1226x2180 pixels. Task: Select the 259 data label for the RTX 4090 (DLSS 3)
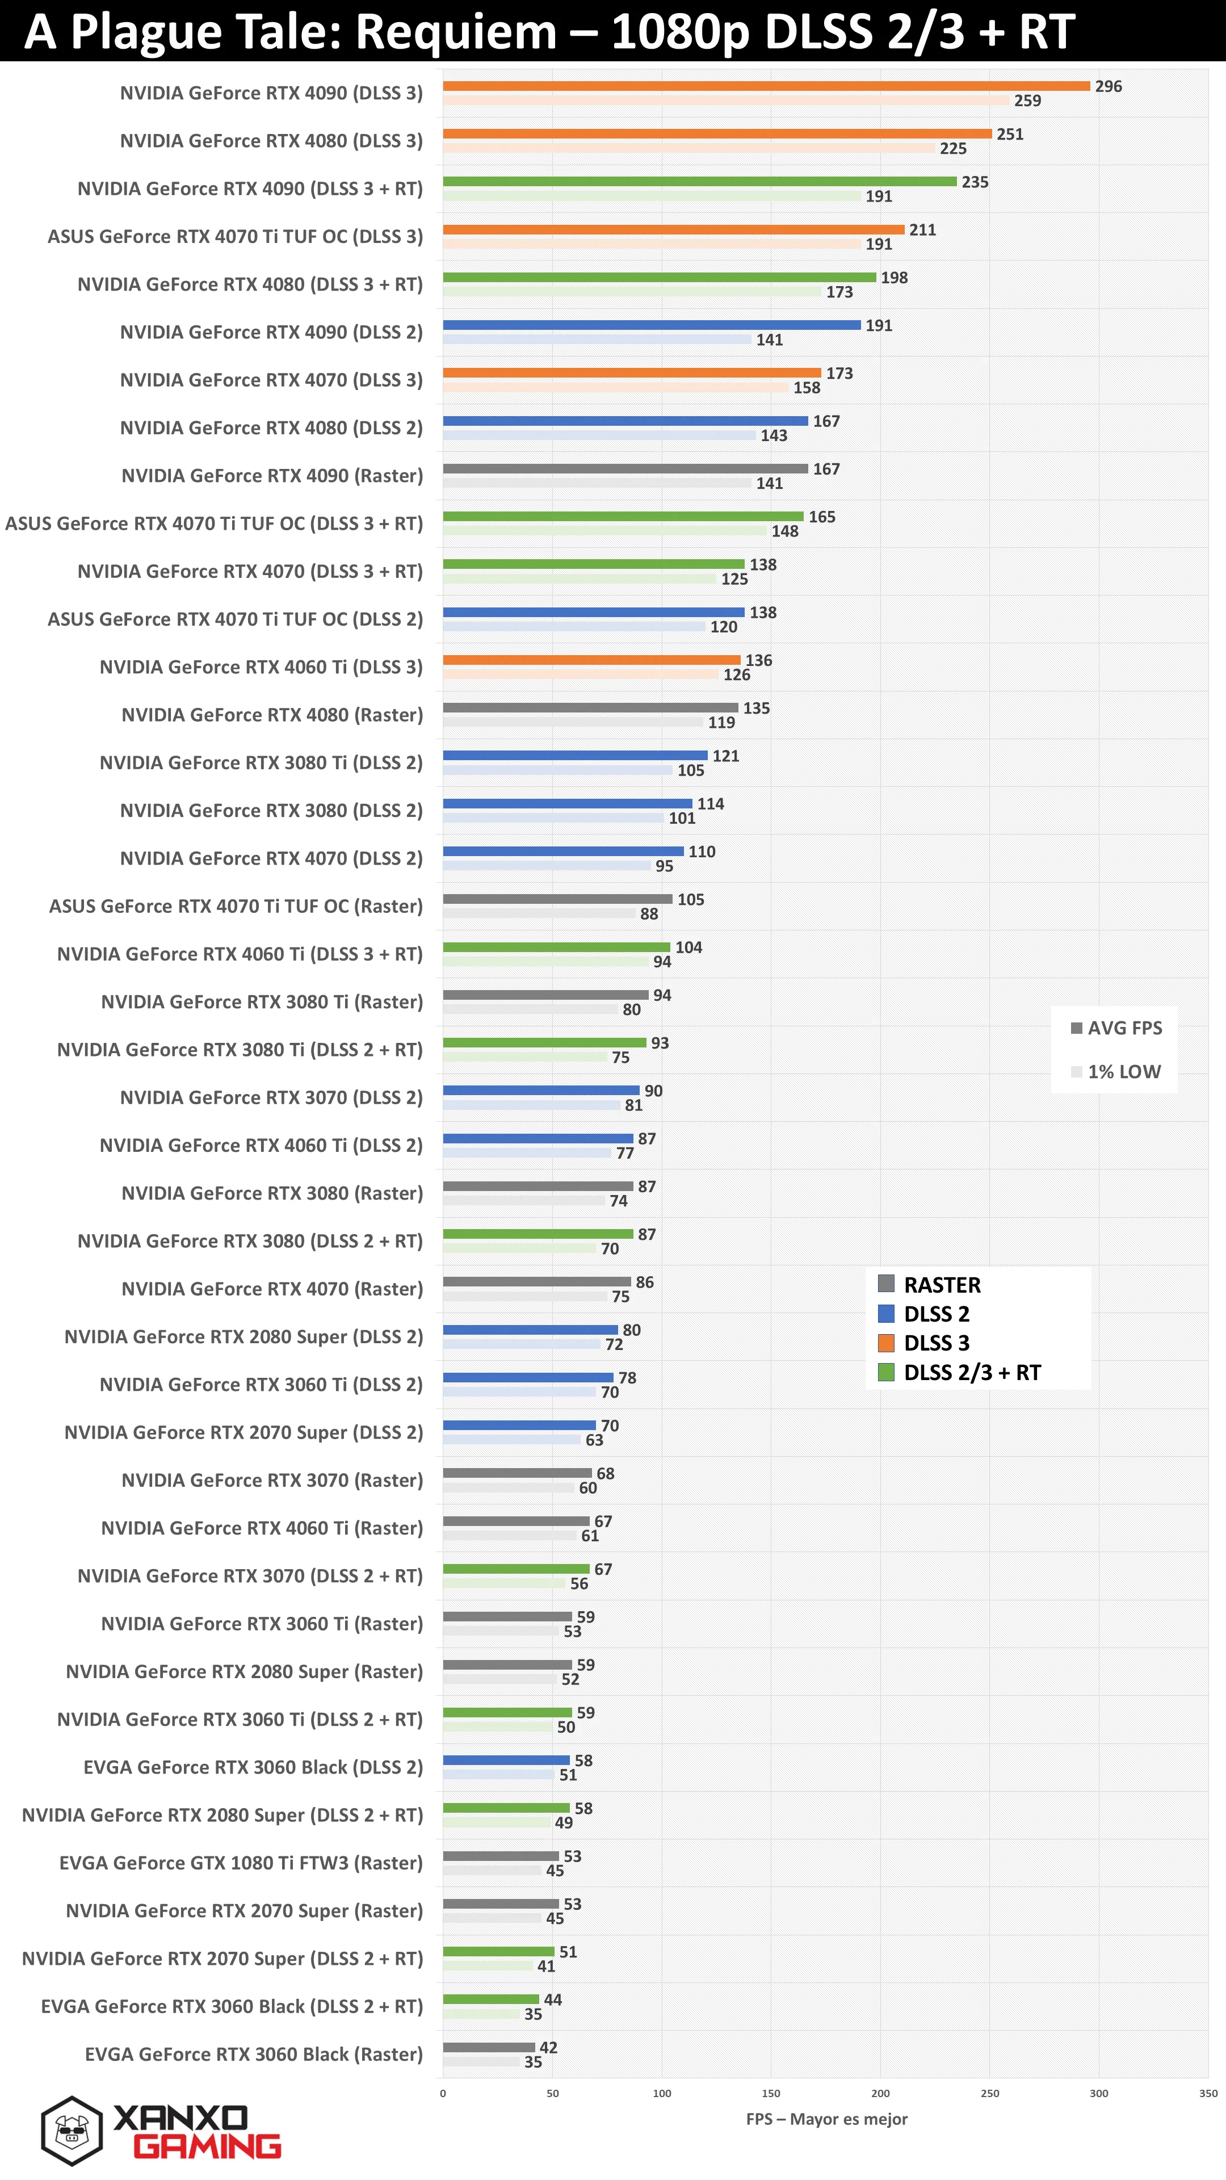(1027, 100)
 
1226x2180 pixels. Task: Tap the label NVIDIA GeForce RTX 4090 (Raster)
(272, 476)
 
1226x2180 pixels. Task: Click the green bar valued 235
(700, 182)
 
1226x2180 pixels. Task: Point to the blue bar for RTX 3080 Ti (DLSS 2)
(576, 756)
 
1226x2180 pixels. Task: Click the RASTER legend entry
(929, 1285)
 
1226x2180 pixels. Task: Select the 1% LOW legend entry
(1116, 1071)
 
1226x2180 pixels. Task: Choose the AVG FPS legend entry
(1116, 1028)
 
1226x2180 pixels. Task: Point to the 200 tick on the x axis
(880, 2094)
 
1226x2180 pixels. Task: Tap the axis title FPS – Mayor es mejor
(826, 2119)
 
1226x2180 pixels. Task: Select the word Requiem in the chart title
(455, 32)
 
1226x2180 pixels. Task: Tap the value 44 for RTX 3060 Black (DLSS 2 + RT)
(552, 1999)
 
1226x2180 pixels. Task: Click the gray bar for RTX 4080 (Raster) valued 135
(590, 707)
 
